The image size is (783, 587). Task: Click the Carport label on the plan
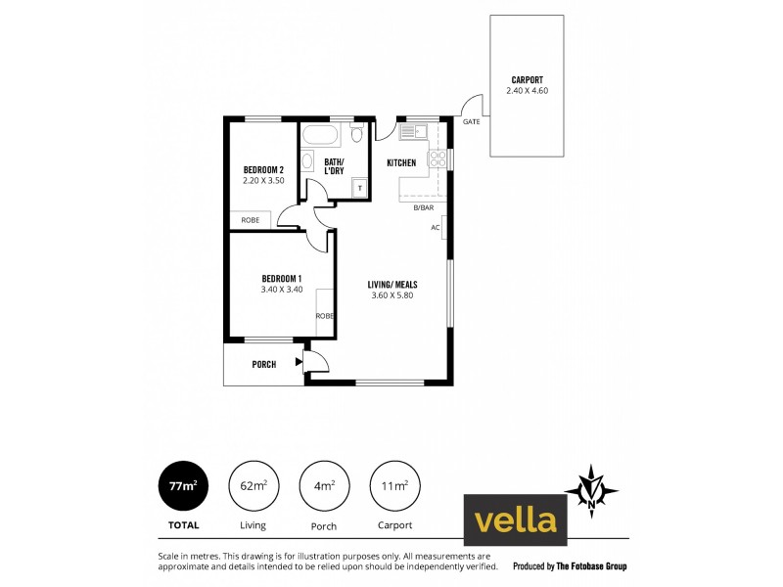[x=527, y=80]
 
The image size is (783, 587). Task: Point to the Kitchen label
[x=401, y=162]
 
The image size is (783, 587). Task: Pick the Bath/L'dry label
[x=335, y=166]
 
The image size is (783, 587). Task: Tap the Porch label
[x=263, y=365]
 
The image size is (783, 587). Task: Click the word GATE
[x=471, y=122]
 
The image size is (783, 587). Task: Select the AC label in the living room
[x=435, y=227]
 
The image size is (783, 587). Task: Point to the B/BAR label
[x=423, y=208]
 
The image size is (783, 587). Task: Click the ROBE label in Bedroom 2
[x=250, y=220]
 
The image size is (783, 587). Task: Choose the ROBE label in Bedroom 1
[x=324, y=316]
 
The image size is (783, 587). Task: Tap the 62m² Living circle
[x=253, y=484]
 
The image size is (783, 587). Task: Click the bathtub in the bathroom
[x=320, y=134]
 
